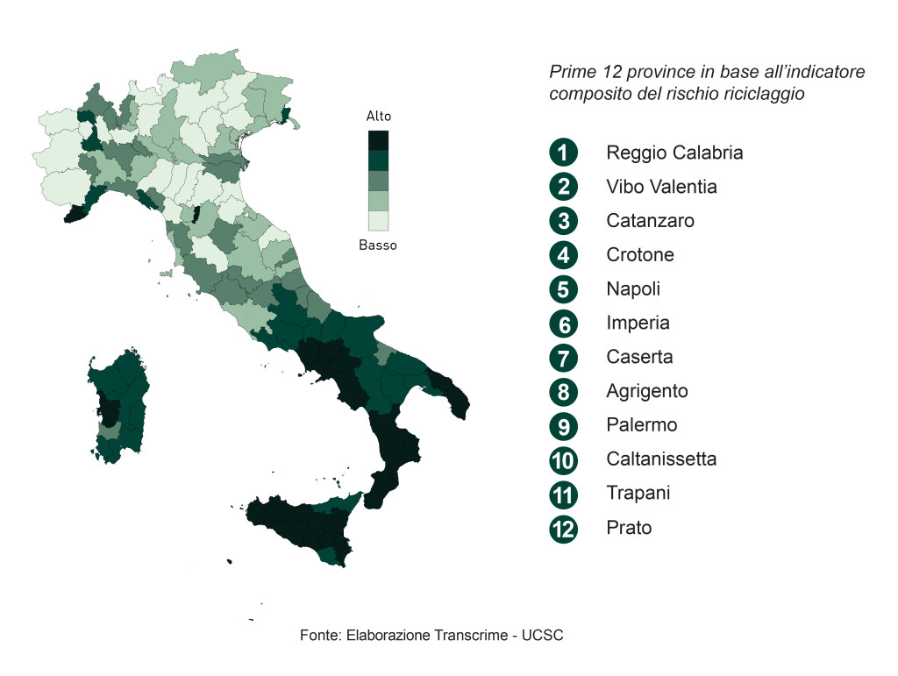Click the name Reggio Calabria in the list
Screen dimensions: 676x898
(x=674, y=153)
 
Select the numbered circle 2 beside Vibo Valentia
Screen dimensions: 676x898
(x=563, y=187)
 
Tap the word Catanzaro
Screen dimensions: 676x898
(x=650, y=220)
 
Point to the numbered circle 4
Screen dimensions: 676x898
(x=563, y=255)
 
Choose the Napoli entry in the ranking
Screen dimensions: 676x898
(x=633, y=288)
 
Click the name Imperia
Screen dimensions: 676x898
(x=638, y=323)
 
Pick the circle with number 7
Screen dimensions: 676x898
(x=563, y=358)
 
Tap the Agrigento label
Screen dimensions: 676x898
(x=647, y=391)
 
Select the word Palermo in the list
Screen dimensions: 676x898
(x=642, y=425)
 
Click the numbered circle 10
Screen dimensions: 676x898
(x=563, y=459)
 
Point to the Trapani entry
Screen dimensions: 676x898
(x=638, y=493)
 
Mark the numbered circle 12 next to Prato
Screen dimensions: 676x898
(x=563, y=529)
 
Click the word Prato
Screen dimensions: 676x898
(x=629, y=528)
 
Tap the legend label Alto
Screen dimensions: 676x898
(x=379, y=116)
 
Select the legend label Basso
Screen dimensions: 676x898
(x=378, y=245)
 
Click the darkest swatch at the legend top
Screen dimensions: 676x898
(x=379, y=139)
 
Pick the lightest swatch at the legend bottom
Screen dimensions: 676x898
(x=379, y=221)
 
